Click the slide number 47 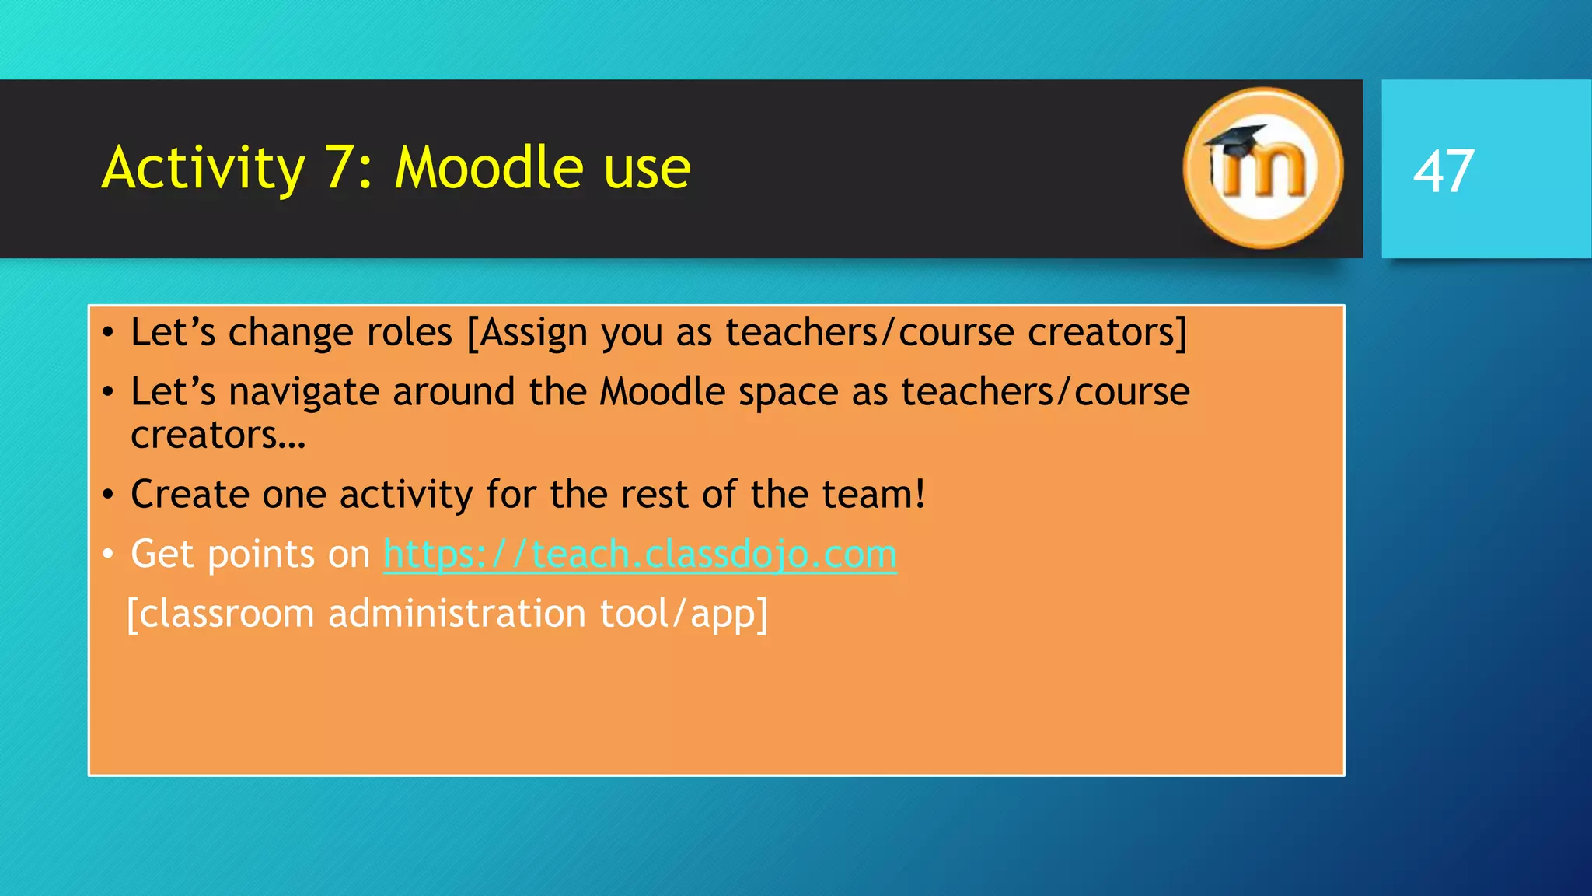pyautogui.click(x=1443, y=171)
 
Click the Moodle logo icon pyautogui.click(x=1262, y=168)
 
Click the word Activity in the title pyautogui.click(x=204, y=168)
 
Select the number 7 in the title pyautogui.click(x=339, y=168)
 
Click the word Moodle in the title pyautogui.click(x=489, y=168)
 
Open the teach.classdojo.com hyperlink pyautogui.click(x=640, y=555)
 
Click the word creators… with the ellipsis pyautogui.click(x=218, y=436)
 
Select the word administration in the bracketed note pyautogui.click(x=456, y=614)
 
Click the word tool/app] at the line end pyautogui.click(x=683, y=614)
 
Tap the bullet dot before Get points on pyautogui.click(x=108, y=555)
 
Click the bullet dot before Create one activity pyautogui.click(x=108, y=495)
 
